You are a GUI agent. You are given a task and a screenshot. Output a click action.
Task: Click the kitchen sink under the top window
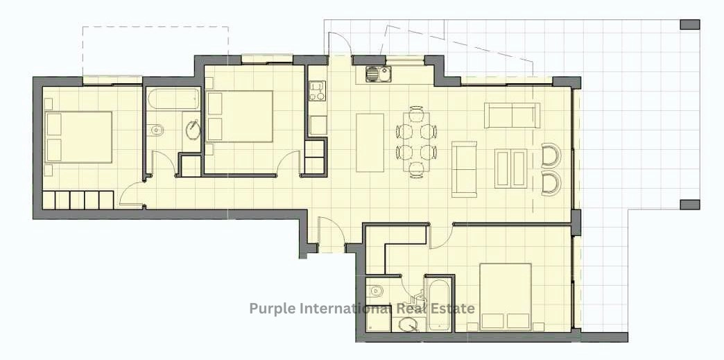(377, 74)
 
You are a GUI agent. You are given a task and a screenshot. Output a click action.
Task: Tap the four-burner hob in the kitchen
(317, 91)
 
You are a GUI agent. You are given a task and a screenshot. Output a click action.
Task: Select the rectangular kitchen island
(370, 142)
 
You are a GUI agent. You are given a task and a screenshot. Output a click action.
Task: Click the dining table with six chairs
(417, 142)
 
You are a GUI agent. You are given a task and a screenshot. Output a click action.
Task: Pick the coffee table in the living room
(510, 169)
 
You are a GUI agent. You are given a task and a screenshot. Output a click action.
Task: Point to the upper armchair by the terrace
(551, 155)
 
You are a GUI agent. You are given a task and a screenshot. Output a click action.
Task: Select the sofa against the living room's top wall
(512, 115)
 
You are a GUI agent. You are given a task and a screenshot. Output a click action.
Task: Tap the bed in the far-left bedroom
(78, 137)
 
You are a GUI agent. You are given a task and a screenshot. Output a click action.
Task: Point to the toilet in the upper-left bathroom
(157, 130)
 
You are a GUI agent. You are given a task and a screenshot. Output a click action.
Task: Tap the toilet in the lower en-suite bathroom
(377, 291)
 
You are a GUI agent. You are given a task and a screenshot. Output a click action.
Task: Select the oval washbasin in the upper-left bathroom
(193, 130)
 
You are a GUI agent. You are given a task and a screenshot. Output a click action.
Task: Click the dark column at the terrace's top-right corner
(690, 24)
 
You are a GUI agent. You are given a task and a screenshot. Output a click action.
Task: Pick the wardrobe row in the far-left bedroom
(78, 200)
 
